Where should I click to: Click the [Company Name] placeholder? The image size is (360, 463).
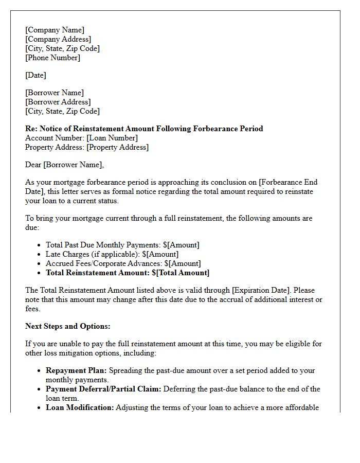[x=55, y=30]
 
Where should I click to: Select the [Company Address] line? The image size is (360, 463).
[x=58, y=39]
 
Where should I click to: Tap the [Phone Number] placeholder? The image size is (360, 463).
[x=52, y=58]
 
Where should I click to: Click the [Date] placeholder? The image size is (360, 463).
[x=35, y=75]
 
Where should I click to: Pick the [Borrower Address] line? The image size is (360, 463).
[x=58, y=102]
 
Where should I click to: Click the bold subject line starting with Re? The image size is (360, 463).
[x=144, y=129]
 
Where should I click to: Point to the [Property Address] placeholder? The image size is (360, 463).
[x=117, y=147]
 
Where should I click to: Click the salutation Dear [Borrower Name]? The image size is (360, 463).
[x=64, y=165]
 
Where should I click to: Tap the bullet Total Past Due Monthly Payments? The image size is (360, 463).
[x=122, y=245]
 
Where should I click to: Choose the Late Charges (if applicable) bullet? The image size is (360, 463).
[x=112, y=254]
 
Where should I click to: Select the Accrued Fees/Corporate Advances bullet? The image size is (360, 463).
[x=122, y=263]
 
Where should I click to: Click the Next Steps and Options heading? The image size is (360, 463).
[x=68, y=326]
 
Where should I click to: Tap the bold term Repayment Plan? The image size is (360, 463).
[x=77, y=370]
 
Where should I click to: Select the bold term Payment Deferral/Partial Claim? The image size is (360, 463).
[x=103, y=389]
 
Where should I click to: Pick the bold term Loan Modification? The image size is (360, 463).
[x=80, y=407]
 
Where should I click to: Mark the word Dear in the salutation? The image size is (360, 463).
[x=33, y=165]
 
